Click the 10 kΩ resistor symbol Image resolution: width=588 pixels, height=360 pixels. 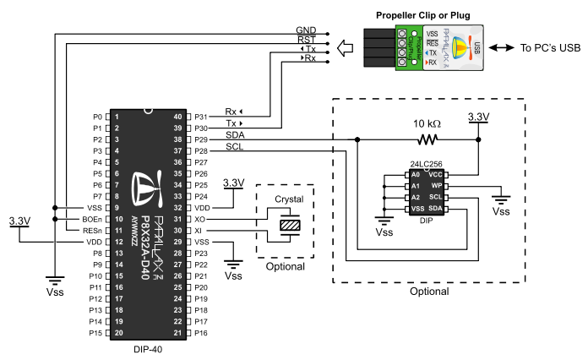tap(429, 139)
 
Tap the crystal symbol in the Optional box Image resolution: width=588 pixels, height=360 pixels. tap(290, 226)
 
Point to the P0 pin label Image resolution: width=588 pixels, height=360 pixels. tap(96, 117)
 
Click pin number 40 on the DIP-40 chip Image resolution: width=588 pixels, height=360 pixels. tap(177, 117)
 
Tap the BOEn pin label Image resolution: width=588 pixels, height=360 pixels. tap(93, 219)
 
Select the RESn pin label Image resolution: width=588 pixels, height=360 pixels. tap(93, 230)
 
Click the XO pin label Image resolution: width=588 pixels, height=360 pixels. tap(199, 219)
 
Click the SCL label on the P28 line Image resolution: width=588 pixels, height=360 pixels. tap(235, 147)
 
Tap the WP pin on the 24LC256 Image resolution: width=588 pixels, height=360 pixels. tap(436, 185)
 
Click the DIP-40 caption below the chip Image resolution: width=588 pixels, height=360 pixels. tap(148, 348)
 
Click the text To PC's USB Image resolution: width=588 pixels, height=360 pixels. tap(550, 48)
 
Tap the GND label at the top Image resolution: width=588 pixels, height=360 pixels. tap(306, 30)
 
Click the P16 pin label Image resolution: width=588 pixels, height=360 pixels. tap(201, 333)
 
